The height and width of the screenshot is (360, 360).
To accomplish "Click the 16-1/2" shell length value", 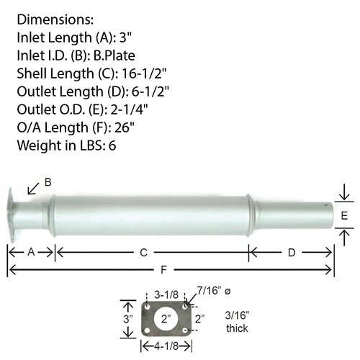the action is (x=144, y=73).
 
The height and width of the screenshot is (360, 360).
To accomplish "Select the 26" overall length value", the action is (x=125, y=127).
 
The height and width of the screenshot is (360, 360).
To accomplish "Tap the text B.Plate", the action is (x=114, y=55).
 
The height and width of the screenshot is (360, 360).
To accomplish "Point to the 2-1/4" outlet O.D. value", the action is (x=129, y=109).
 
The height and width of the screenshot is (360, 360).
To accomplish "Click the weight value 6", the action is (x=112, y=145).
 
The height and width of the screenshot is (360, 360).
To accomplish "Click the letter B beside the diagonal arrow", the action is (x=48, y=182).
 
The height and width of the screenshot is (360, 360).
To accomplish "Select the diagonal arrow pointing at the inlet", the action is (x=33, y=189).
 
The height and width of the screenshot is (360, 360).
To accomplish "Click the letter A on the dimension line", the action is (x=31, y=252).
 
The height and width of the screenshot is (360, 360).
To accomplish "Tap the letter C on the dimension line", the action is (x=143, y=253).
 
